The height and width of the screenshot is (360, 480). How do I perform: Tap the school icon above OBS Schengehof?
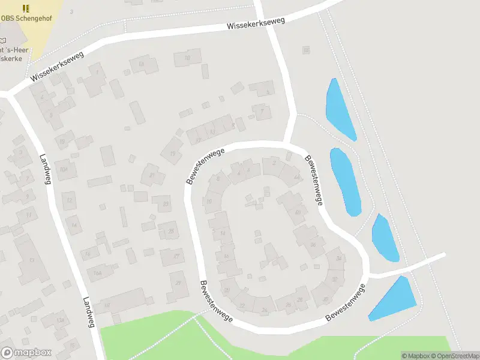[x=25, y=8]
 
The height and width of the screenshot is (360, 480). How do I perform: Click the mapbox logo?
[x=26, y=353]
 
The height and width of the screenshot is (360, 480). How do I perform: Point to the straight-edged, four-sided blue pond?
[x=394, y=299]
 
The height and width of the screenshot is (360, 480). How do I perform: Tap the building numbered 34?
[x=338, y=259]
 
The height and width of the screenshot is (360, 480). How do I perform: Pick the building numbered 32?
[x=334, y=279]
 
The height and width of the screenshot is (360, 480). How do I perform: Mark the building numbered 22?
[x=242, y=305]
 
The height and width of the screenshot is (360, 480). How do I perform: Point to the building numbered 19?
[x=173, y=153]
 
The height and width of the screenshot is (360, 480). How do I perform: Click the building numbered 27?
[x=175, y=257]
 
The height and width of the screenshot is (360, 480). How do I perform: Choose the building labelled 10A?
[x=64, y=169]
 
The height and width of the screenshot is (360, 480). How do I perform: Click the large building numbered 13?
[x=31, y=260]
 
